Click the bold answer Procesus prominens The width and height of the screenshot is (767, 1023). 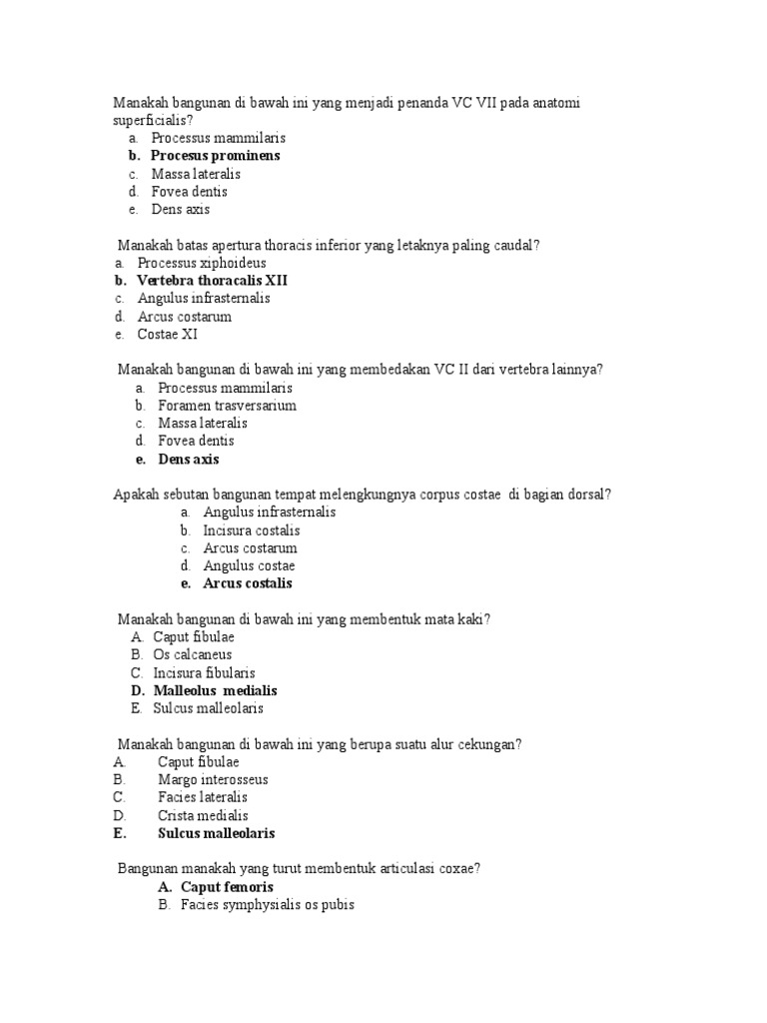(x=215, y=156)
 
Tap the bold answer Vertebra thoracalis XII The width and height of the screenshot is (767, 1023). (x=212, y=281)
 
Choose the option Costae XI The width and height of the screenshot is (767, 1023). (x=168, y=335)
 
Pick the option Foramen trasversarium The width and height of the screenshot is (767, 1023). (x=227, y=406)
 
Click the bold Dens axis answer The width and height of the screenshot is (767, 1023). (x=189, y=460)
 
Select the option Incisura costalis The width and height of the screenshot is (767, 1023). (x=252, y=530)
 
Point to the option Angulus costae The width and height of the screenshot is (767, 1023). (x=249, y=565)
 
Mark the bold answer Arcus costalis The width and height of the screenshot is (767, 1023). (x=248, y=583)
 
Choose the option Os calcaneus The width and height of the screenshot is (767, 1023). (x=193, y=654)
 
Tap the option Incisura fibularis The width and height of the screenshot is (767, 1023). (x=204, y=672)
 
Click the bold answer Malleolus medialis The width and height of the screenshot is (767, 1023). (x=216, y=690)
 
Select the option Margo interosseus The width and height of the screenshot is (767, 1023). (x=213, y=779)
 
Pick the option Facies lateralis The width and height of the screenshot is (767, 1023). (x=203, y=797)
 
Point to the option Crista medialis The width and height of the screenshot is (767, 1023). (x=204, y=815)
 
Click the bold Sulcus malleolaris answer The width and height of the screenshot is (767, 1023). (x=217, y=833)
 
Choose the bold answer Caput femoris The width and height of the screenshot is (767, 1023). (x=227, y=887)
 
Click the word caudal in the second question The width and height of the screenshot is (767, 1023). (x=516, y=245)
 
